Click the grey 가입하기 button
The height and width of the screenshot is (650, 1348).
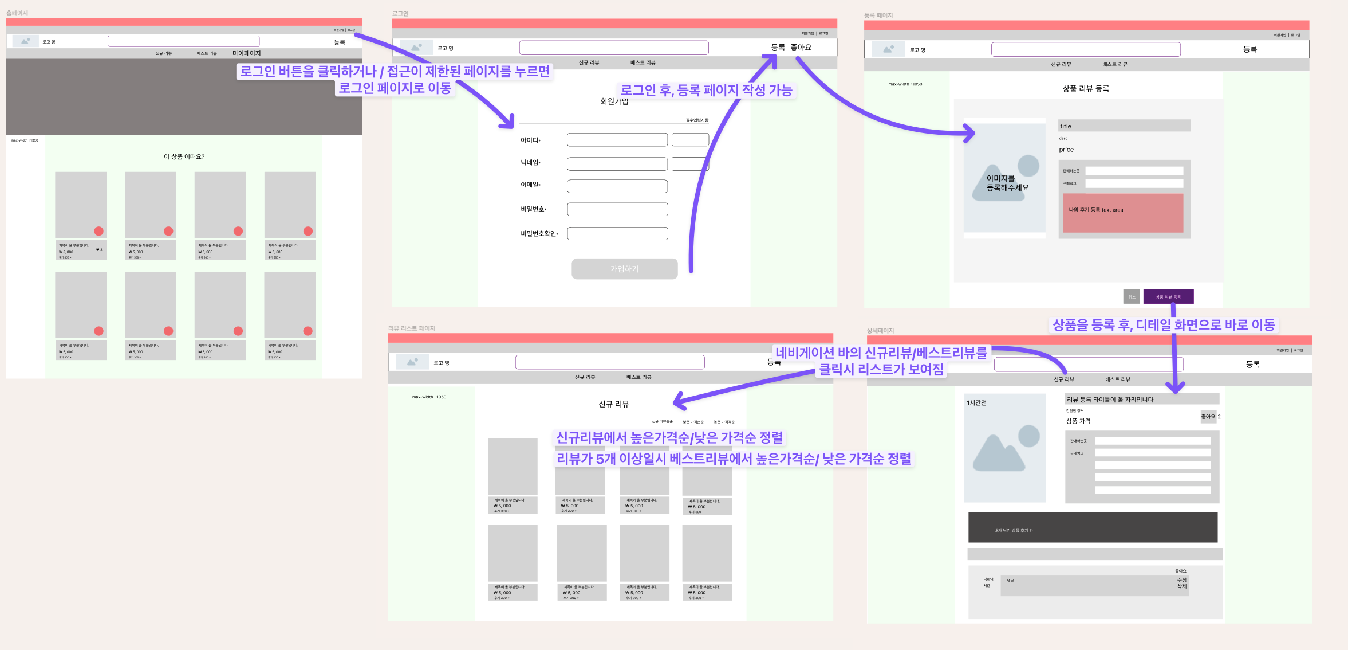tap(624, 269)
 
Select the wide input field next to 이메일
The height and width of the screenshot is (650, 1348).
tap(617, 186)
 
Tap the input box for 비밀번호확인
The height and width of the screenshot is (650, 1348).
tap(617, 233)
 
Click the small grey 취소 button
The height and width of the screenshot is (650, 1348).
tap(1132, 297)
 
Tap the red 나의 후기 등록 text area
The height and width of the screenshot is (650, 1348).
tap(1122, 213)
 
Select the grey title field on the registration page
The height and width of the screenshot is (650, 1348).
tap(1124, 126)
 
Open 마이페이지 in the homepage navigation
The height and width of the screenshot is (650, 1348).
tap(246, 53)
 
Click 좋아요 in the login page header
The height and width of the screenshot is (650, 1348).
tap(801, 48)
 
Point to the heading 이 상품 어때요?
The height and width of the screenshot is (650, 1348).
tap(184, 156)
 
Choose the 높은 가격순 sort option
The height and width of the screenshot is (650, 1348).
tap(724, 422)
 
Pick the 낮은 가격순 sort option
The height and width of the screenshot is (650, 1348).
tap(693, 422)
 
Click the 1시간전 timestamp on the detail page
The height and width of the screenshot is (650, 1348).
tap(976, 403)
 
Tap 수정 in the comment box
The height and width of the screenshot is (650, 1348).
tap(1181, 580)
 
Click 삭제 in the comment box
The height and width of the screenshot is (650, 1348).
tap(1181, 586)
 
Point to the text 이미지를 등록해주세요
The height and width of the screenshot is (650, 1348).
tap(1007, 183)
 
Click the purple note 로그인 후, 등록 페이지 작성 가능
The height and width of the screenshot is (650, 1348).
tap(706, 91)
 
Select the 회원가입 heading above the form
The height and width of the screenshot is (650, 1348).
tap(614, 101)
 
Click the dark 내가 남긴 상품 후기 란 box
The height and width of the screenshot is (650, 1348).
tap(1092, 527)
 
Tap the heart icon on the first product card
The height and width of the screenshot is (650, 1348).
tap(98, 249)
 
